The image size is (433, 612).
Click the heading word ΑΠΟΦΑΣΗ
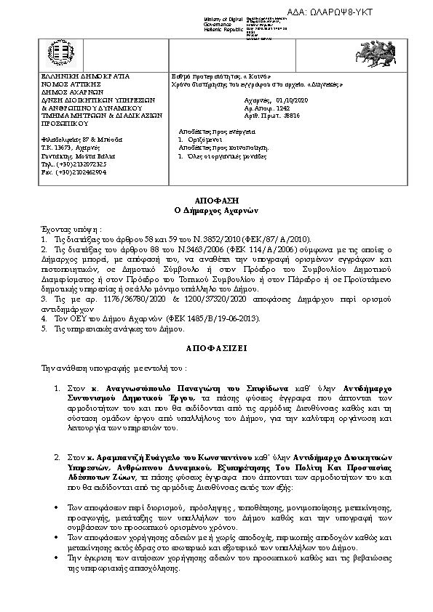pyautogui.click(x=216, y=198)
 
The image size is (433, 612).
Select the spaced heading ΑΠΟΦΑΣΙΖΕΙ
pyautogui.click(x=217, y=348)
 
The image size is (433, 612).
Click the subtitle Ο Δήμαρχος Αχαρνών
pyautogui.click(x=216, y=209)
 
